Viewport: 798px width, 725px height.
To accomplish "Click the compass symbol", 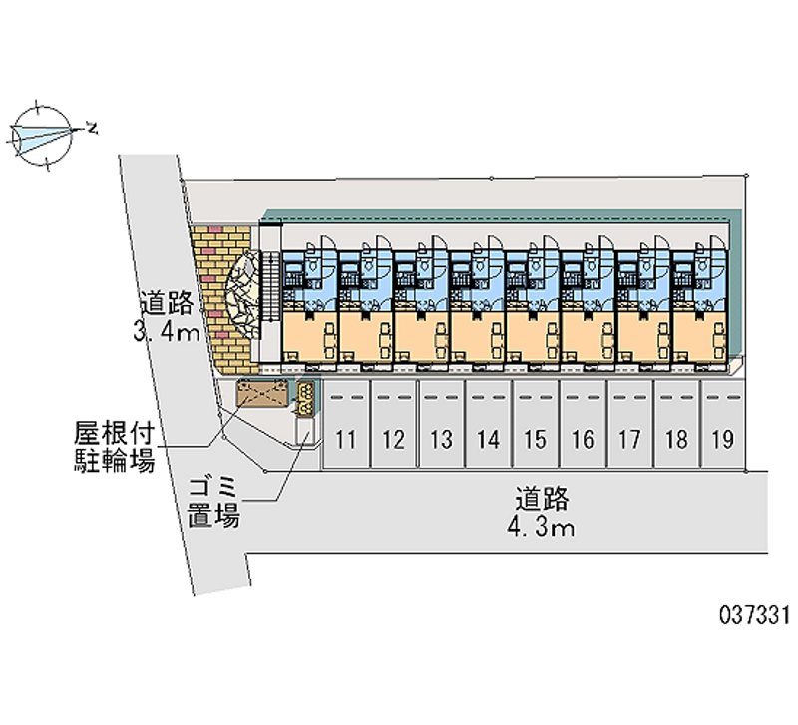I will [43, 132].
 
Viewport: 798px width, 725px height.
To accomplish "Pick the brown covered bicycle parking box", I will [263, 395].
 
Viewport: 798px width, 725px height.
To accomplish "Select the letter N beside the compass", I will [92, 128].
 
